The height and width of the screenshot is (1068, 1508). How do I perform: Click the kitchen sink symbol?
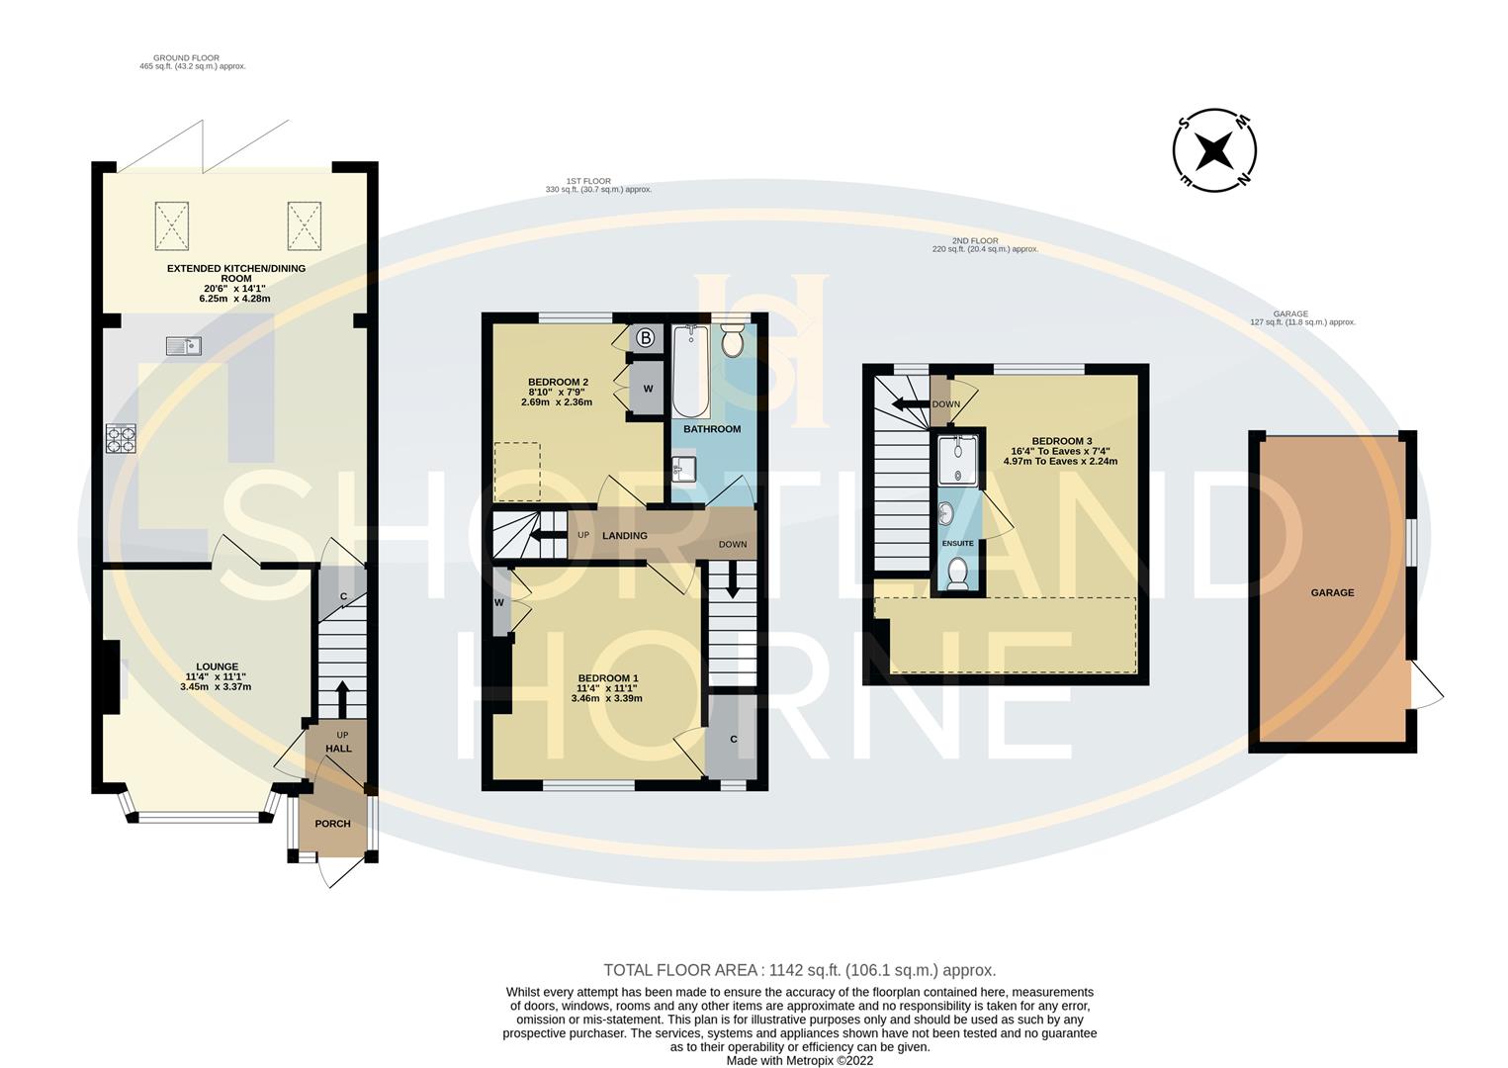[x=184, y=345]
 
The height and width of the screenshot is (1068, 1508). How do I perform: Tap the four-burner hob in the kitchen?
[x=121, y=438]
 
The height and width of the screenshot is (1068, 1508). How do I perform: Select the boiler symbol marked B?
[x=646, y=337]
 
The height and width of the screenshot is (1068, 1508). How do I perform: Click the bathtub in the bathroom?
[x=691, y=371]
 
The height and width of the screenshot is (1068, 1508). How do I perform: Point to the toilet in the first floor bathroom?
[x=733, y=340]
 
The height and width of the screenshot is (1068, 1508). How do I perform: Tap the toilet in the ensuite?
[x=957, y=574]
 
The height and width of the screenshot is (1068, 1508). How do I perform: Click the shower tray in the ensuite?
[x=958, y=460]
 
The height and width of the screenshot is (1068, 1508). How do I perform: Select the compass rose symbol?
[x=1214, y=150]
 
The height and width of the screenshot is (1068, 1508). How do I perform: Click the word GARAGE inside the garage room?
[x=1332, y=592]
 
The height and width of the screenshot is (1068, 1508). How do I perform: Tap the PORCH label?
[x=332, y=824]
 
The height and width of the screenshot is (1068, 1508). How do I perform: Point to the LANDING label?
[x=625, y=535]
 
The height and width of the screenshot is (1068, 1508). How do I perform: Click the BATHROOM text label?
[x=712, y=429]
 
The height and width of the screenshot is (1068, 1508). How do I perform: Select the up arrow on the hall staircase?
[x=342, y=699]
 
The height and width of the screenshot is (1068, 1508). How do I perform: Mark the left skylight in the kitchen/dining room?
[x=172, y=225]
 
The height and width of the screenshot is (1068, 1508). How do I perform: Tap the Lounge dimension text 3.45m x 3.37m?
[x=216, y=687]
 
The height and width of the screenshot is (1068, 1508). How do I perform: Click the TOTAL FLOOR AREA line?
[x=800, y=970]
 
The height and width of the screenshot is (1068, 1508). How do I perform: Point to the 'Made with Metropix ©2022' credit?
[x=800, y=1061]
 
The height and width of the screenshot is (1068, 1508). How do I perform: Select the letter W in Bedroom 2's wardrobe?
[x=648, y=389]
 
